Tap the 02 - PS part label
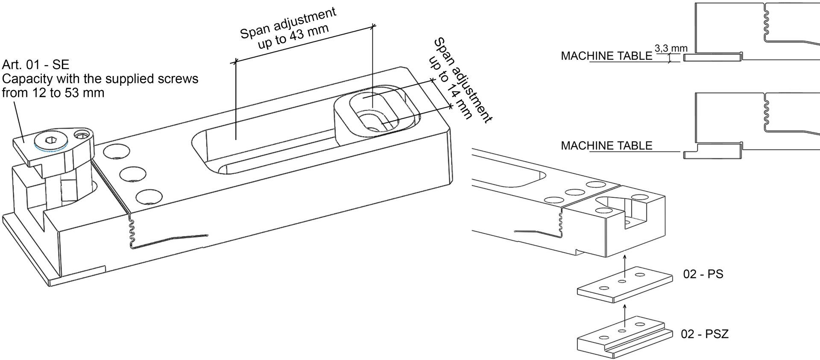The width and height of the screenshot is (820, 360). (x=703, y=274)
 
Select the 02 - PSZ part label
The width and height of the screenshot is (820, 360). (x=704, y=334)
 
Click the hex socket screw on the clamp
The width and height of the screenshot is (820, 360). (x=50, y=141)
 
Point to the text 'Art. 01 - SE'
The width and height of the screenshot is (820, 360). (x=35, y=65)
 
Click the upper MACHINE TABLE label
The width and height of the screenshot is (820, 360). (x=606, y=56)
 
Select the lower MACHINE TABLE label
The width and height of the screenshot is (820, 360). (x=606, y=146)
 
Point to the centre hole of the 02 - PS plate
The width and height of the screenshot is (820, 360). (x=622, y=282)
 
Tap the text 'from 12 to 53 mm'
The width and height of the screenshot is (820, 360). (x=53, y=93)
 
